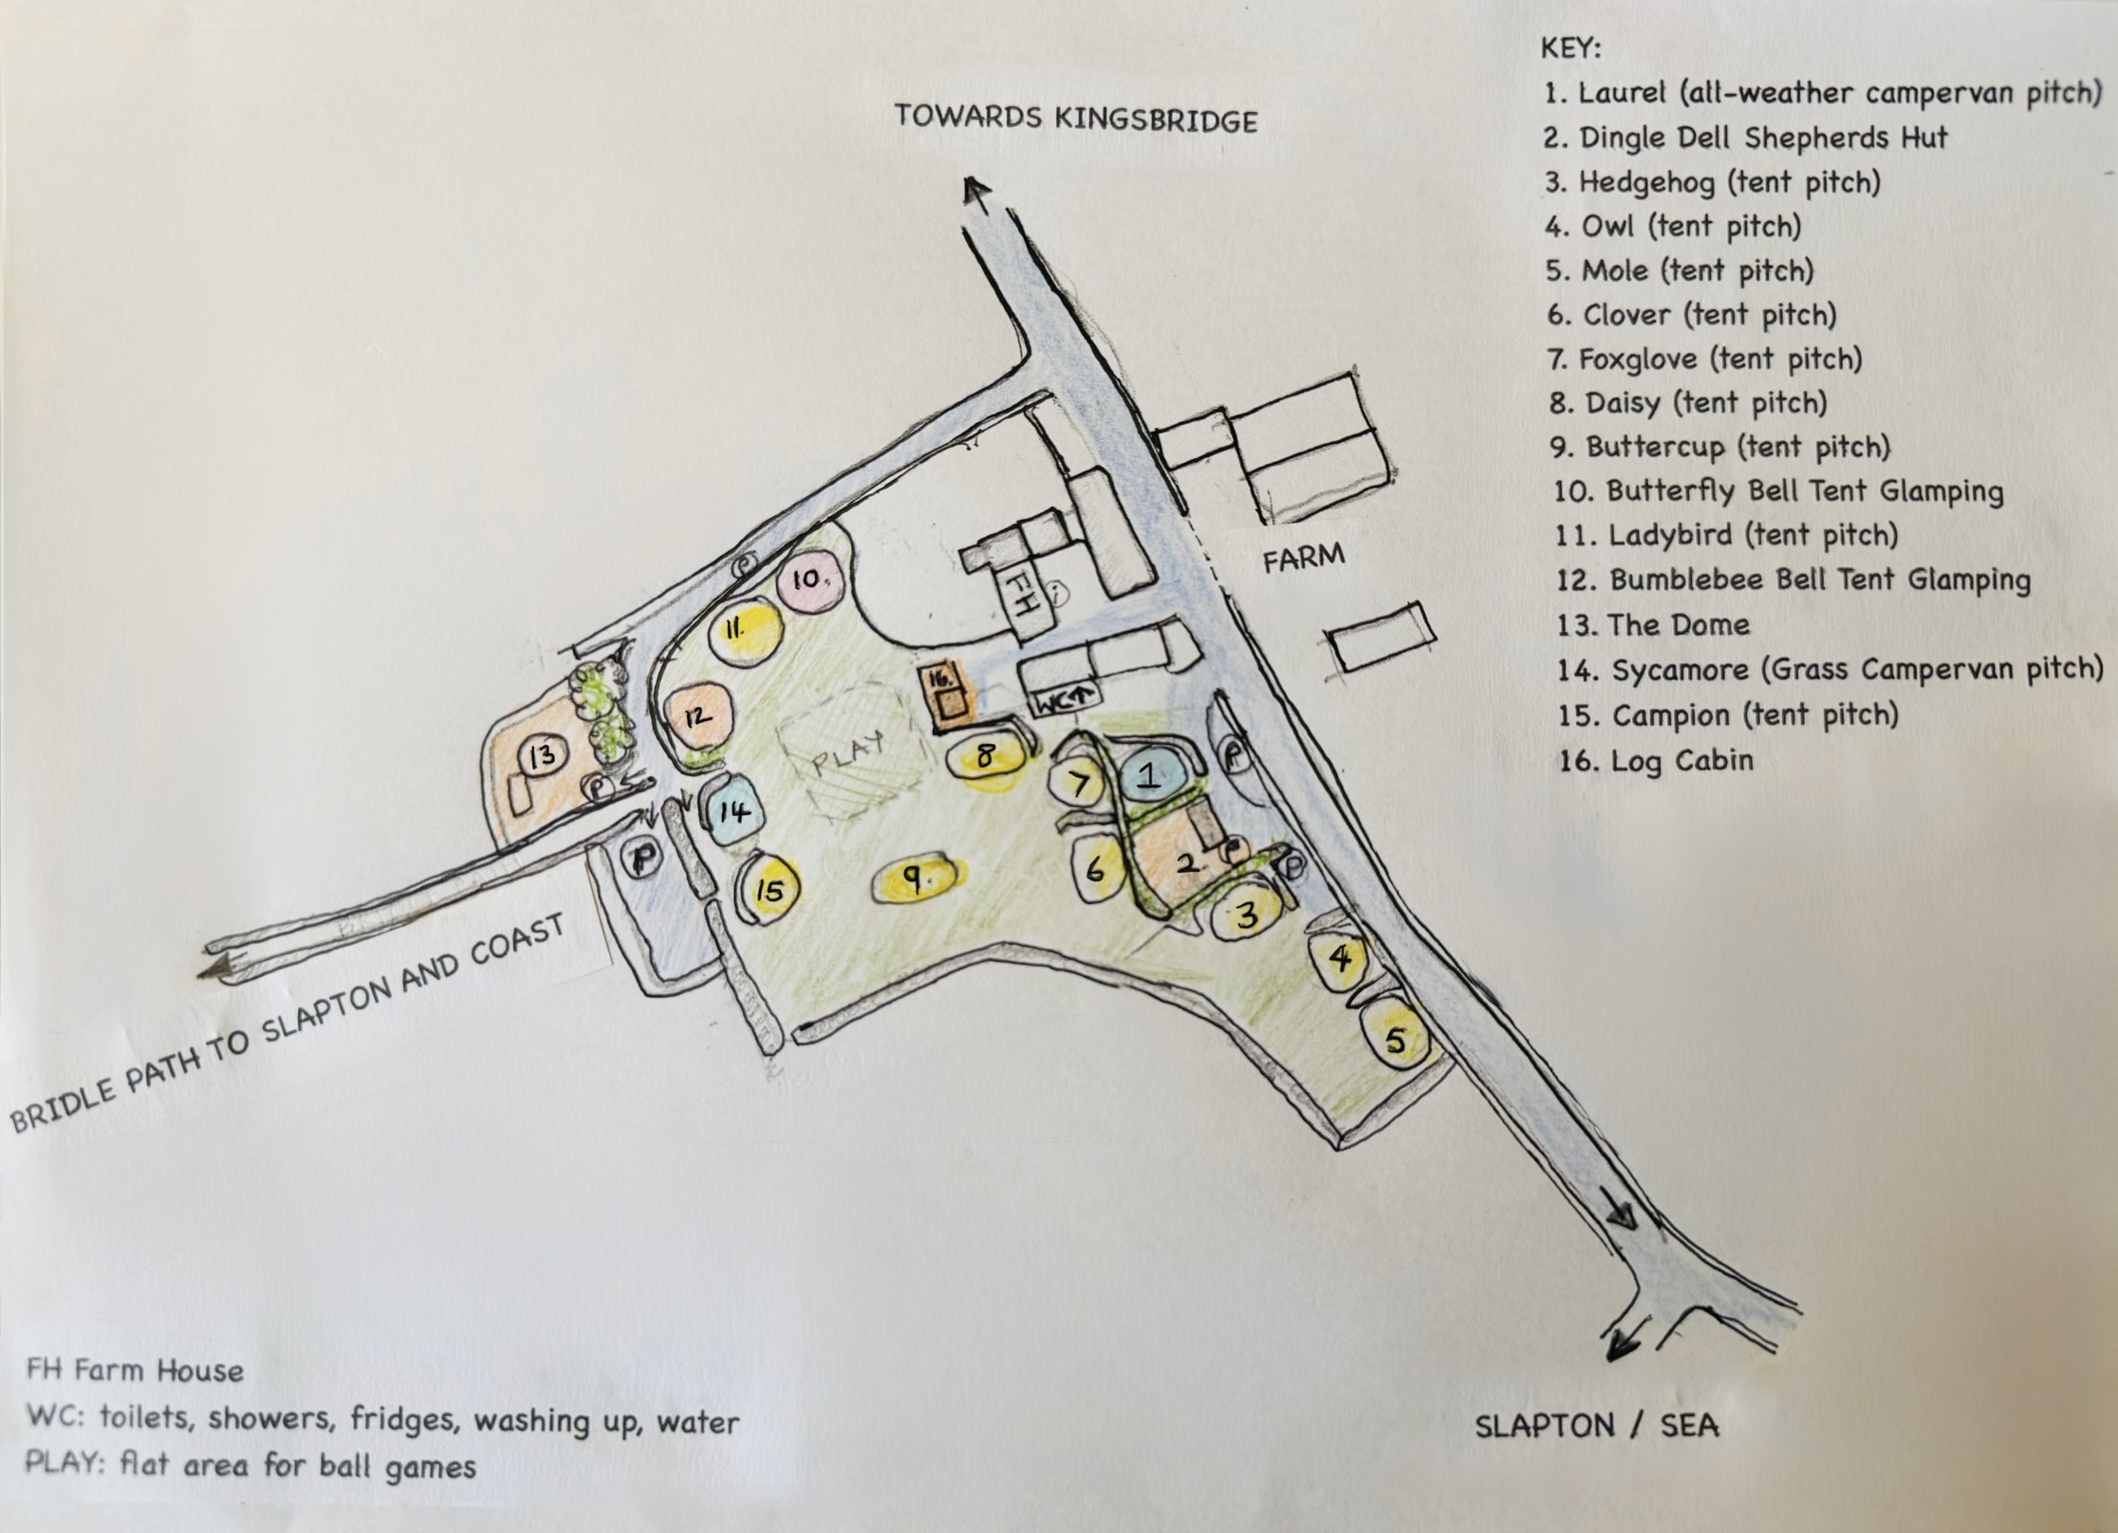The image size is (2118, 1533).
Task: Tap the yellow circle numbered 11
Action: click(x=745, y=631)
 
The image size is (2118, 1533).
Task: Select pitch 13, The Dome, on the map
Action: click(x=542, y=756)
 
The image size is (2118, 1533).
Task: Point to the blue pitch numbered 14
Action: click(x=732, y=810)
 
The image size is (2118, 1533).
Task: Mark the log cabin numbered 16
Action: click(x=945, y=696)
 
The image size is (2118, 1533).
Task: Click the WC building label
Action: click(x=1066, y=702)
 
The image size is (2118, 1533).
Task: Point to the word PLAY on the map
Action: click(x=848, y=754)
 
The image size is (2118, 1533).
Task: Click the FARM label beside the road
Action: click(x=1303, y=557)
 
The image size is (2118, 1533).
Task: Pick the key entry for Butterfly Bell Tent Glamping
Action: click(x=1778, y=491)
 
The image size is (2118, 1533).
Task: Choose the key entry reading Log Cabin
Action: click(x=1656, y=761)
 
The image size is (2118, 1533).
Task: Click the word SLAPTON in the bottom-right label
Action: click(x=1545, y=1426)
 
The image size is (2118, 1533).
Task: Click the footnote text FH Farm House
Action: click(x=135, y=1371)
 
